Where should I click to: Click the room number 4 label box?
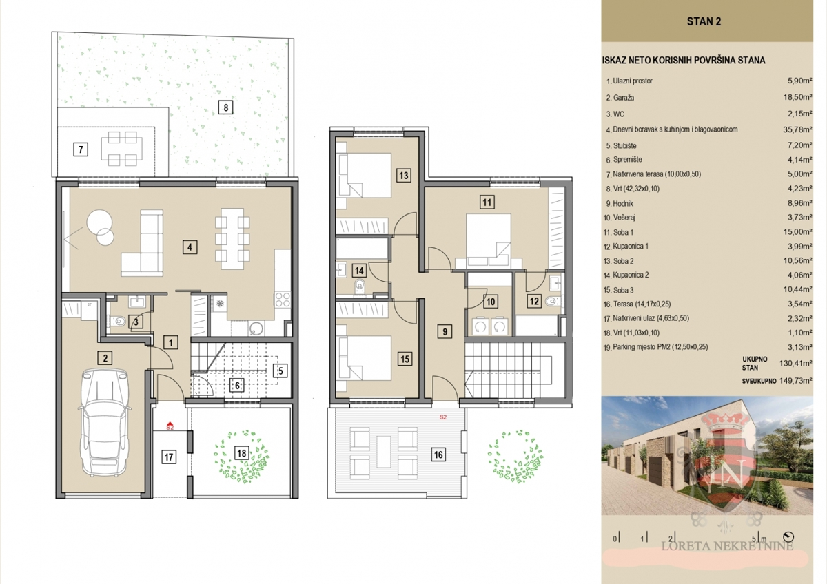pyautogui.click(x=190, y=247)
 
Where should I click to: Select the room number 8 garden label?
pyautogui.click(x=225, y=107)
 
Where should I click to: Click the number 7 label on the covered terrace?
pyautogui.click(x=81, y=149)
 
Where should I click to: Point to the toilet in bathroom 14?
pyautogui.click(x=359, y=286)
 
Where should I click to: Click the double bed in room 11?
pyautogui.click(x=488, y=241)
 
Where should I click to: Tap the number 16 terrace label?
pyautogui.click(x=438, y=455)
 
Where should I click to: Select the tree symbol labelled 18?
pyautogui.click(x=242, y=457)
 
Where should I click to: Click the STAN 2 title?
pyautogui.click(x=704, y=22)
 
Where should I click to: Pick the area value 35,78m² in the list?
pyautogui.click(x=797, y=129)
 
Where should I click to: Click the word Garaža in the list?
pyautogui.click(x=624, y=98)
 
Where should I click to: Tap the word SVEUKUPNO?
pyautogui.click(x=759, y=381)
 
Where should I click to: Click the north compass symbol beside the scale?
pyautogui.click(x=788, y=536)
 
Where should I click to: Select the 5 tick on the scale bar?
pyautogui.click(x=754, y=539)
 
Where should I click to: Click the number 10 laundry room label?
pyautogui.click(x=490, y=302)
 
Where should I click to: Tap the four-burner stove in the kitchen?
pyautogui.click(x=283, y=299)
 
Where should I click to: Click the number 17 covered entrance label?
pyautogui.click(x=169, y=457)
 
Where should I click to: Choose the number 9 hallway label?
pyautogui.click(x=445, y=331)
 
